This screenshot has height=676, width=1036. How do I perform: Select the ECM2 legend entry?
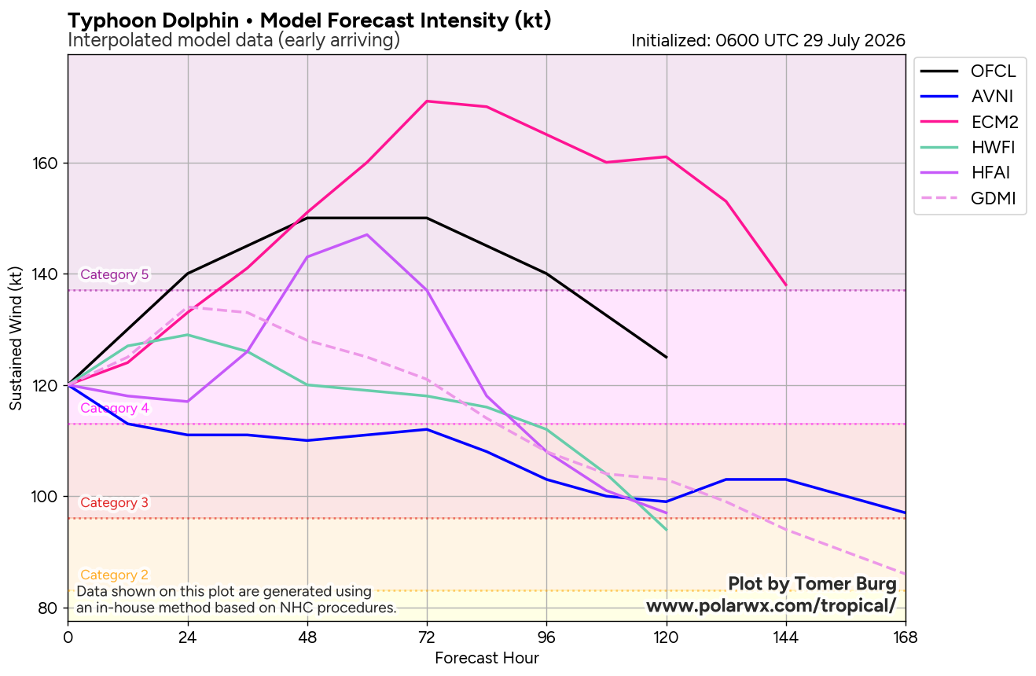coord(969,122)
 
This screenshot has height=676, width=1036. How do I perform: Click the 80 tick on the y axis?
coord(48,608)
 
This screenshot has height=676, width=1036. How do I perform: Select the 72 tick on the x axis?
coord(426,638)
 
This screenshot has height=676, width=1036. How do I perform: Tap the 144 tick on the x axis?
coord(786,638)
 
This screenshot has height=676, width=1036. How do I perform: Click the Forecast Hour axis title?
coord(487,658)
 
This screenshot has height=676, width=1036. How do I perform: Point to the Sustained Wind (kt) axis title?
coord(16,338)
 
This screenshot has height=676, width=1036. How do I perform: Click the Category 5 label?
coord(114,274)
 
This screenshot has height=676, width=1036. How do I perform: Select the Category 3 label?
coord(114,502)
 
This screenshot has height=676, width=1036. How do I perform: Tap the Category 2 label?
coord(114,575)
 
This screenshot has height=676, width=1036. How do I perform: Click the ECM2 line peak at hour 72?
coord(426,101)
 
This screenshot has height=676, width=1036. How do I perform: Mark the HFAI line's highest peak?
coord(367,234)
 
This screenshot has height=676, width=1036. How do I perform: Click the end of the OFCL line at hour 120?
coord(667,358)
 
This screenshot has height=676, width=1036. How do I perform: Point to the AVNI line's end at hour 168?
coord(905,513)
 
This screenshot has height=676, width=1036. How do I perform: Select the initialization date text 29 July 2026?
coord(854,41)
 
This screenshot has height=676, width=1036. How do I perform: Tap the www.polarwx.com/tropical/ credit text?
coord(771,605)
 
